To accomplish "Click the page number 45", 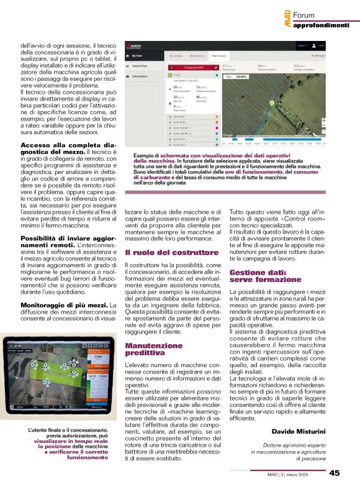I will [335, 472].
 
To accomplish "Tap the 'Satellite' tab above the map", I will [241, 77].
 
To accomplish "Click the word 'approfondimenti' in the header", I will [320, 25].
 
